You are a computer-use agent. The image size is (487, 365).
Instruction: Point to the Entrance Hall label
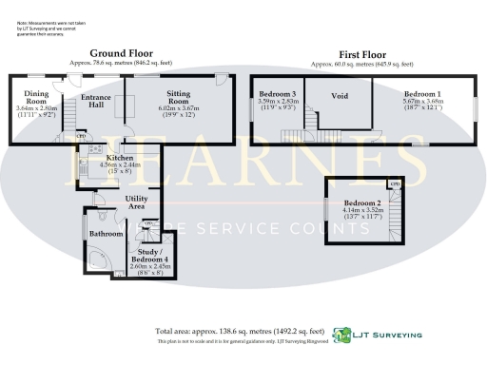[97, 102]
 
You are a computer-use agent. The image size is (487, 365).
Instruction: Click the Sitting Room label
[179, 99]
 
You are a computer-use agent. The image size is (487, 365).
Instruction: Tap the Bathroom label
[102, 233]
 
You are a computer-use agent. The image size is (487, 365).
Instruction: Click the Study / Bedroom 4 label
[148, 255]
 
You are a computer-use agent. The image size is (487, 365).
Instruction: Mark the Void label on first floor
[340, 97]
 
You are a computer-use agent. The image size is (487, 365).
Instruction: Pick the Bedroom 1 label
[422, 95]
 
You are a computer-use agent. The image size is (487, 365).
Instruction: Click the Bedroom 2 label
[362, 204]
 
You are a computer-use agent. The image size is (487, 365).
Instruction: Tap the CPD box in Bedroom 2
[394, 184]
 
